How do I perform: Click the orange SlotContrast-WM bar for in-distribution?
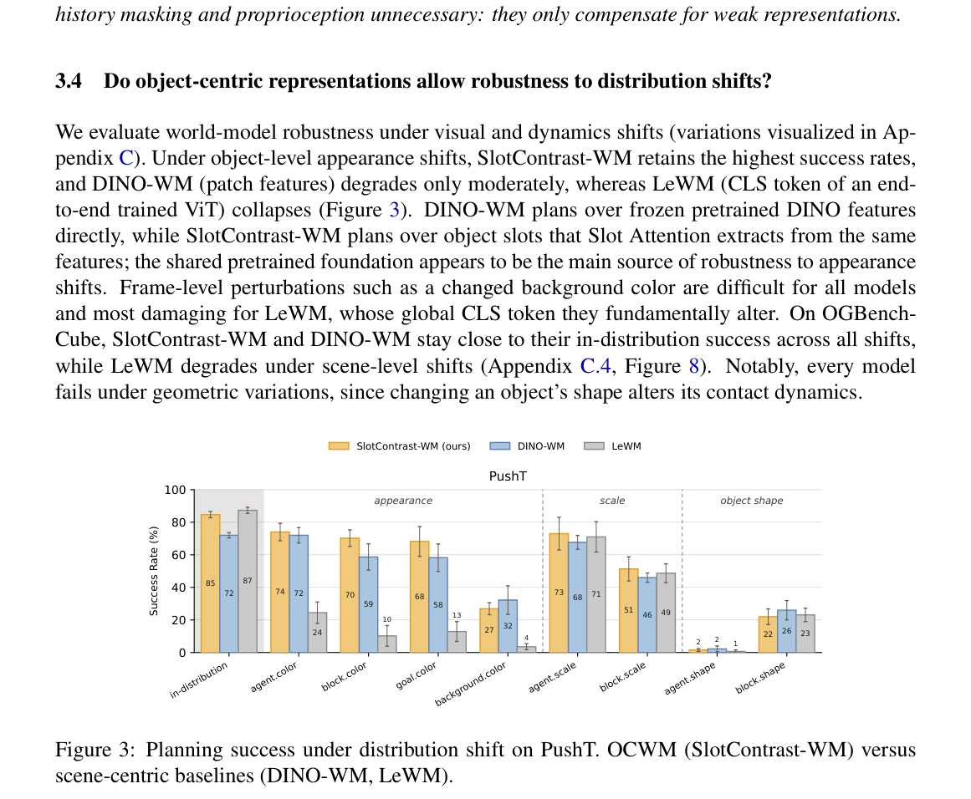(x=211, y=583)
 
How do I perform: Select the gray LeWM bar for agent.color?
(x=317, y=633)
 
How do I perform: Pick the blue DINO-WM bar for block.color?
(x=369, y=604)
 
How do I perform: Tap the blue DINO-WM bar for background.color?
(x=508, y=626)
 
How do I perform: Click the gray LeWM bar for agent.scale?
(x=595, y=595)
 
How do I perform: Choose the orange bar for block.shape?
(x=768, y=634)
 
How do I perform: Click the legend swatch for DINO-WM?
(x=500, y=446)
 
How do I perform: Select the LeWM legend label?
(x=626, y=446)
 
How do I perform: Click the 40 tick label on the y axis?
(x=178, y=588)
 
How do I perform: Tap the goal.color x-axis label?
(x=417, y=676)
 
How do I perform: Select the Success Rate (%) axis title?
(x=154, y=571)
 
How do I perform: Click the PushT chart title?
(x=508, y=476)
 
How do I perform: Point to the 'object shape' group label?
(x=752, y=501)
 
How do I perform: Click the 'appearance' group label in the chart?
(x=403, y=501)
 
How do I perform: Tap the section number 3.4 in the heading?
(x=69, y=81)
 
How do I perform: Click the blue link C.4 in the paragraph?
(x=595, y=366)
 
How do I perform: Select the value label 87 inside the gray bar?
(x=248, y=581)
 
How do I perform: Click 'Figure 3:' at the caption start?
(x=95, y=750)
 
